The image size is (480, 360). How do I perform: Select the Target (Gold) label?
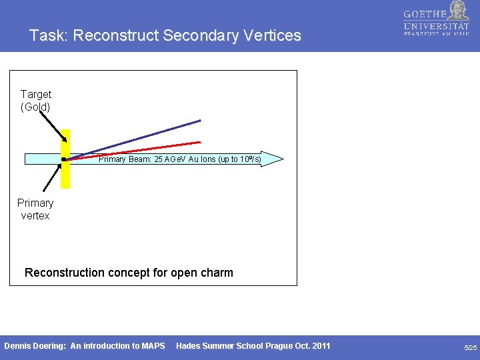(35, 100)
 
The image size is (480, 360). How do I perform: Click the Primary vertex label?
(35, 209)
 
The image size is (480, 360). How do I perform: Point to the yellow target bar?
(65, 177)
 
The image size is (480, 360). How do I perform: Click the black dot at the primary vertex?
(63, 159)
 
